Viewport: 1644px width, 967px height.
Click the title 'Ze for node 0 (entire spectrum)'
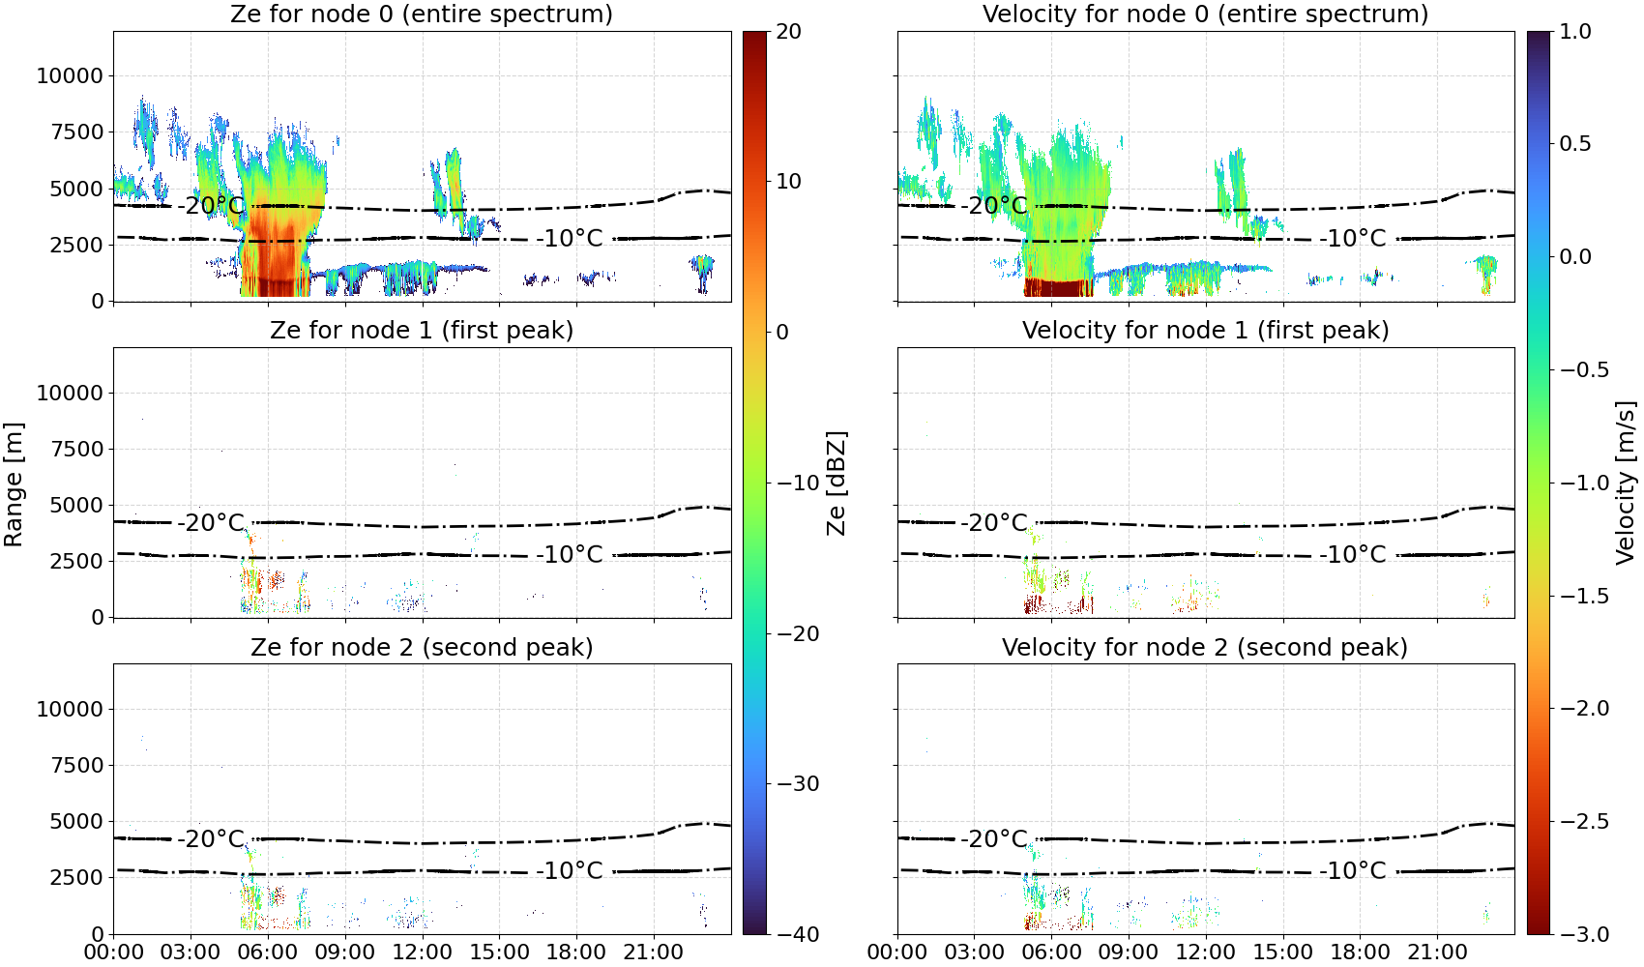tap(422, 14)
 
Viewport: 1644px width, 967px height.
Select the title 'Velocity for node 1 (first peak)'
tap(1205, 330)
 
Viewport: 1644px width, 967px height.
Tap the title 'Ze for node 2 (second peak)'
tap(422, 647)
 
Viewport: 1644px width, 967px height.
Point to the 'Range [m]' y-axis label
tap(14, 484)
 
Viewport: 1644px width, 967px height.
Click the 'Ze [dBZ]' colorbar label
tap(836, 483)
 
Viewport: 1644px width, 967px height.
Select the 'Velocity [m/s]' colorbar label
tap(1627, 483)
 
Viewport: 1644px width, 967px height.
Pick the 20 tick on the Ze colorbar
tap(788, 32)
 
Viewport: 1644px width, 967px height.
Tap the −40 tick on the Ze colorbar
tap(797, 934)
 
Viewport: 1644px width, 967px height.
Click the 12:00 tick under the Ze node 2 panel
tap(422, 952)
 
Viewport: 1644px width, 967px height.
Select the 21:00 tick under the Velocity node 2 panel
tap(1437, 952)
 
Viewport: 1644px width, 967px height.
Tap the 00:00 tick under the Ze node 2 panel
tap(114, 952)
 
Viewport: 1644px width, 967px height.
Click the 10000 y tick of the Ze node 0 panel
tap(71, 75)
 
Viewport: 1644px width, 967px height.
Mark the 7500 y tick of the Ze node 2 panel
tap(77, 765)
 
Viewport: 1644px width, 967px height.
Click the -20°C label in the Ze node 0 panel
tap(212, 205)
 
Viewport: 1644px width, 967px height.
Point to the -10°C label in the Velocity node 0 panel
tap(1353, 239)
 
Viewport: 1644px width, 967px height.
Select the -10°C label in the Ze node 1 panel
tap(570, 555)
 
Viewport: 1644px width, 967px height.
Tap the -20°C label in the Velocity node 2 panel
tap(994, 838)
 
